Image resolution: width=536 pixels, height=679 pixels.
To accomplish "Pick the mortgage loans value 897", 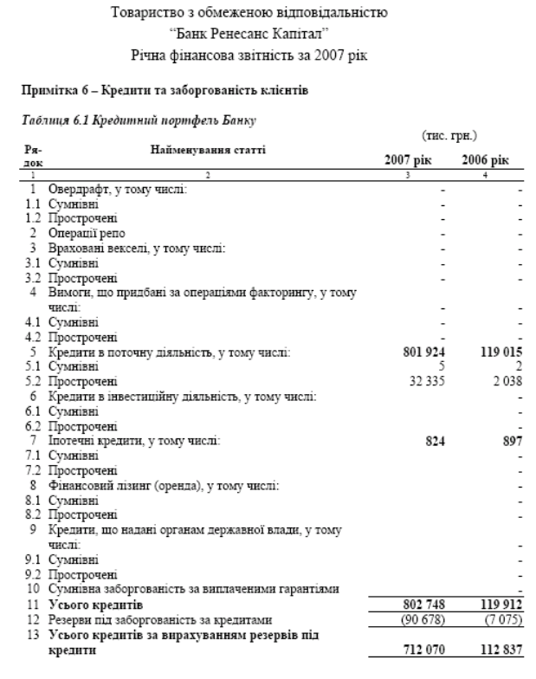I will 512,441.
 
